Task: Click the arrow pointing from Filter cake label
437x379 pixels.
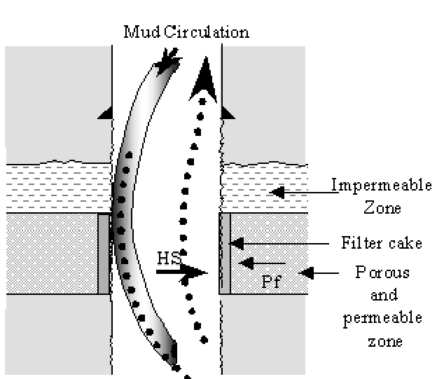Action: [280, 244]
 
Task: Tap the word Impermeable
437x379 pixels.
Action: [374, 188]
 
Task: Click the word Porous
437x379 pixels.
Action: [382, 272]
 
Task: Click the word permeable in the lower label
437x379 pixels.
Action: [382, 317]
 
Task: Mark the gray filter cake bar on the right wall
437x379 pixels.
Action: [226, 254]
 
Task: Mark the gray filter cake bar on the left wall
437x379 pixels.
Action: [104, 254]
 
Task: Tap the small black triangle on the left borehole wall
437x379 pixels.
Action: [106, 113]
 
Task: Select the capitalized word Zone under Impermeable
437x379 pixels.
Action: [375, 209]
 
